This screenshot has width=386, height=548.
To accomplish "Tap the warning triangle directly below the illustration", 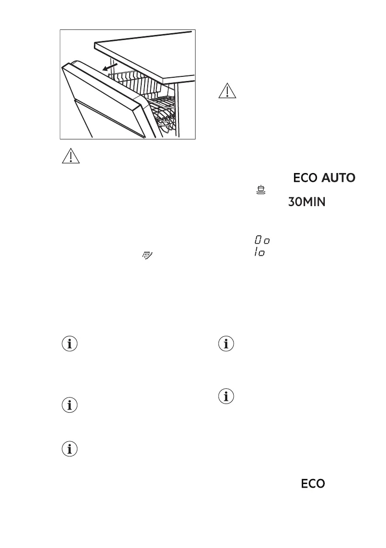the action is pos(70,156).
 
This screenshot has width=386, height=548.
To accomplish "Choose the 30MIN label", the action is pos(307,202).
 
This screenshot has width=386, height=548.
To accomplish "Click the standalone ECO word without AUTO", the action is pos(313,484).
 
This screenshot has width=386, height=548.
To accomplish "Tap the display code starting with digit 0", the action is pos(263,240).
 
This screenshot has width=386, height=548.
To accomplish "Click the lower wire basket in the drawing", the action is pos(166,117).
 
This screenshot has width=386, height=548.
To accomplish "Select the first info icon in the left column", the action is pos(70,345).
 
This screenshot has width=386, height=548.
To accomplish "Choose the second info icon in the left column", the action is pos(70,405).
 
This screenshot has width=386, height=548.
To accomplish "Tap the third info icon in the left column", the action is pos(70,450).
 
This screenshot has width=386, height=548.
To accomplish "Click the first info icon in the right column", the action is pos(226,345).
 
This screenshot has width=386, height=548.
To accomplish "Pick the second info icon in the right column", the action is pos(226,396).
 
